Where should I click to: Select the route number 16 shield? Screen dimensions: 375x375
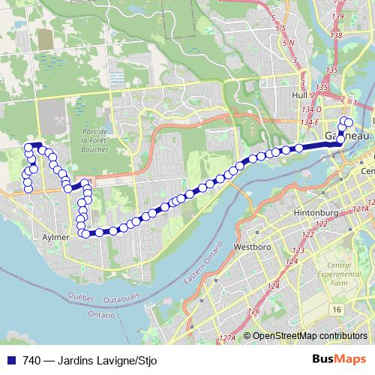click(x=337, y=310)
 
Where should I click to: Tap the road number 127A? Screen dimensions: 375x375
click(x=227, y=338)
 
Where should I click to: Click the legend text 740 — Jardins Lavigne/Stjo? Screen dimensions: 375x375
click(x=79, y=360)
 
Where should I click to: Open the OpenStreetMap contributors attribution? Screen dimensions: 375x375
click(x=309, y=336)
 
